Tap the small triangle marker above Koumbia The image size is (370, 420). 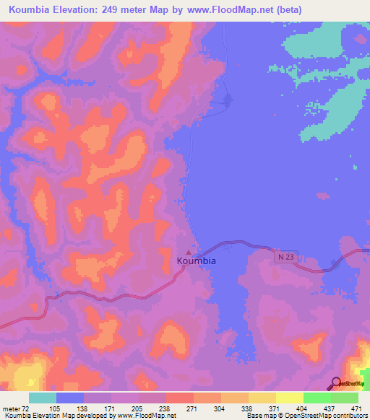tap(189, 253)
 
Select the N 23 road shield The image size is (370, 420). tap(286, 256)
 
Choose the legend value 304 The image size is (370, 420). tap(220, 408)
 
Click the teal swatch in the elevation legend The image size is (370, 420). tap(43, 398)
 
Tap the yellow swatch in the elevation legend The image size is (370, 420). tap(290, 398)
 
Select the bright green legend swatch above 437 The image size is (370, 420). tap(317, 398)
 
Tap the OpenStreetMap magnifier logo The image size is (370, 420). tap(337, 383)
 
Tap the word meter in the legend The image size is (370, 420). tap(12, 408)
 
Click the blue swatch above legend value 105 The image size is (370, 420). tap(70, 398)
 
